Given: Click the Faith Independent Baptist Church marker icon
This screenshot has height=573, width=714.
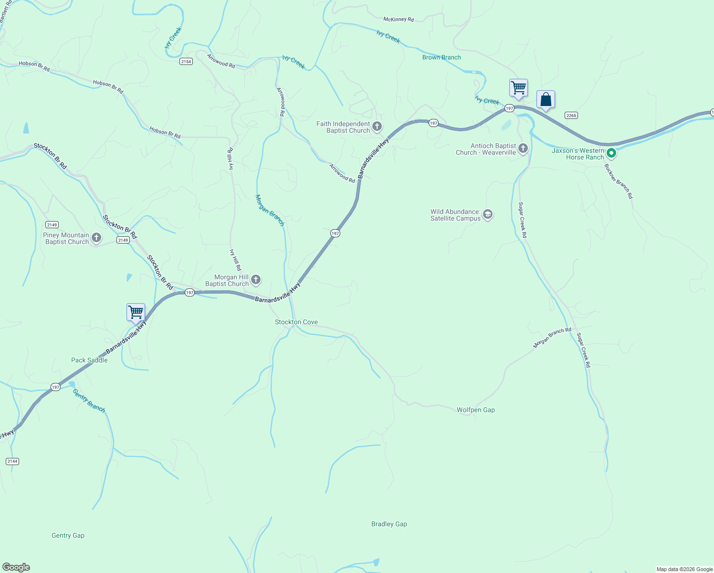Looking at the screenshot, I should (377, 127).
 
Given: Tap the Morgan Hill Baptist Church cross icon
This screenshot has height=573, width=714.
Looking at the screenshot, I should (256, 280).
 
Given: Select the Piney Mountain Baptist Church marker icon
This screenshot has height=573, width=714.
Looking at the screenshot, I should (96, 238).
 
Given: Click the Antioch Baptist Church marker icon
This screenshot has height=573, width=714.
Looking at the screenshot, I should (523, 149).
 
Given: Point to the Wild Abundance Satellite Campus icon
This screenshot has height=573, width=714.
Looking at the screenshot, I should (488, 214).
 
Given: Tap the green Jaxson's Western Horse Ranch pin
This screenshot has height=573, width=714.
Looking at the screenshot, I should (611, 153).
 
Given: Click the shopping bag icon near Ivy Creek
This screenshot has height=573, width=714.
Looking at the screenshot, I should (546, 100).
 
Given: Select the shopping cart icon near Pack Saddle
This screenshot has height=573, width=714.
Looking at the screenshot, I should (136, 312).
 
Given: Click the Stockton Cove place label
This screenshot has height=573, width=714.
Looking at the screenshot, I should (296, 322).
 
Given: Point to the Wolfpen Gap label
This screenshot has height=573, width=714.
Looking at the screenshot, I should (475, 410).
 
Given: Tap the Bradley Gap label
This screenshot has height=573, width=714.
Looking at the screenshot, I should (389, 524).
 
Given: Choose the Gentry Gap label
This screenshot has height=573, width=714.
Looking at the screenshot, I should (68, 536).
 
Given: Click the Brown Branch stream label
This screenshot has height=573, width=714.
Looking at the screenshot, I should (441, 58).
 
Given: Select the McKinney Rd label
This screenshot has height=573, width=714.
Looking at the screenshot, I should (399, 20).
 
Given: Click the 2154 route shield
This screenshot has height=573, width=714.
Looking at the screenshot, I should (186, 62).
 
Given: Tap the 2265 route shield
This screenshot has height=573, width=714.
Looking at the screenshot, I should (571, 115).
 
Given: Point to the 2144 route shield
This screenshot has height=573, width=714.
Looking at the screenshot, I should (12, 461).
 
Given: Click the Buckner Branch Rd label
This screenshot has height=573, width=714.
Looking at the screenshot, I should (619, 181).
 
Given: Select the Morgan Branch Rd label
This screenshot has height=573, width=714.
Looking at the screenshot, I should (552, 338).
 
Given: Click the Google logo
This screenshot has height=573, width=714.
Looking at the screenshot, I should (16, 567).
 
